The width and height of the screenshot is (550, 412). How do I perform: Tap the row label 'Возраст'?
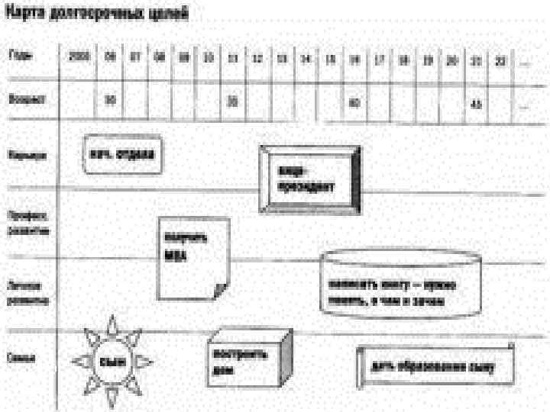point(21,98)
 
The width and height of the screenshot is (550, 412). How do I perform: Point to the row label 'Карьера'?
point(24,155)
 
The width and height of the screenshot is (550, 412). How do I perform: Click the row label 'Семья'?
point(20,357)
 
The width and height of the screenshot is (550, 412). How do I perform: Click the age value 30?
point(110,99)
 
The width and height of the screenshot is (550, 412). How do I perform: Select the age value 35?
point(234,99)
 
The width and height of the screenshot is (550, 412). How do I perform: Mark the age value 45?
point(476,103)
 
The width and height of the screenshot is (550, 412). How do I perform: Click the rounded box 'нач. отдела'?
point(122,154)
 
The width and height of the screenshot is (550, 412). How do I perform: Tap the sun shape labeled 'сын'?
point(113,361)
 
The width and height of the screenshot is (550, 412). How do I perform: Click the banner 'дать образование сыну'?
point(435,367)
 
